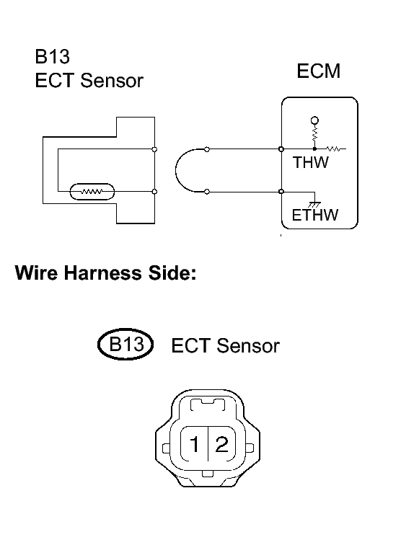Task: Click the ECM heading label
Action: coord(318,71)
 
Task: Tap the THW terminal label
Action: coord(311,162)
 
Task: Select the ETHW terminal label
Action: coord(314,215)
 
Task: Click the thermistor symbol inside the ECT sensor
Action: coord(92,192)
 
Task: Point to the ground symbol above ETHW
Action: coord(314,205)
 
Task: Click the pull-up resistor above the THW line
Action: coord(314,134)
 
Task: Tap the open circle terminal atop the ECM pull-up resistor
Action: coord(314,120)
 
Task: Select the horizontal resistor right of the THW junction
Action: coord(334,149)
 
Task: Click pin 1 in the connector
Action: coord(194,444)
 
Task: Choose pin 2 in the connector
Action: coord(222,444)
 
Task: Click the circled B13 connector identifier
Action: coord(125,344)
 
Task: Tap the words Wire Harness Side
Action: coord(106,272)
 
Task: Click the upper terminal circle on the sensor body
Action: coord(155,149)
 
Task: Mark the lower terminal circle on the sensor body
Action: coord(155,192)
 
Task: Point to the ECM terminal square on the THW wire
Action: coord(281,149)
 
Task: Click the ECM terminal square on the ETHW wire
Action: coord(281,192)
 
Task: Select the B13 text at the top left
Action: coord(52,57)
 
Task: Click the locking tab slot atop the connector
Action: coord(208,405)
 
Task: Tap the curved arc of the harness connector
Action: coord(176,170)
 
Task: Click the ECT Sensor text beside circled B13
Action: coord(225,346)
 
